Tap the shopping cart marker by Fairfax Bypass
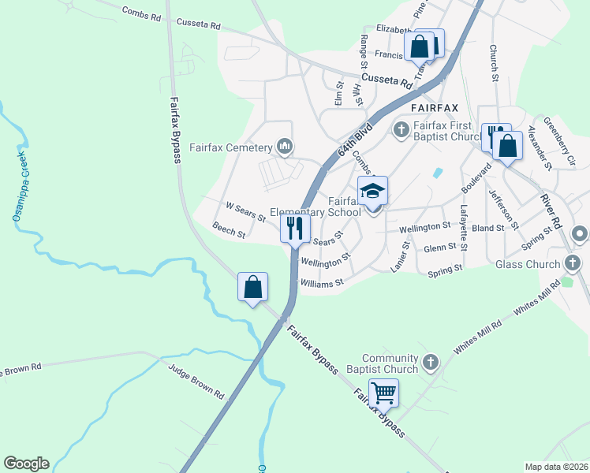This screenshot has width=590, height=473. tap(383, 392)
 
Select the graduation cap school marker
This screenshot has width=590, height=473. tap(373, 190)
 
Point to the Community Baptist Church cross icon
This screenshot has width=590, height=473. tap(431, 363)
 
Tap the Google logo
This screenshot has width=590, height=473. tap(26, 464)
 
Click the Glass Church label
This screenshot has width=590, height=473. tap(527, 264)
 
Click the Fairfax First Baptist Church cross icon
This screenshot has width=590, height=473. tap(401, 128)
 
